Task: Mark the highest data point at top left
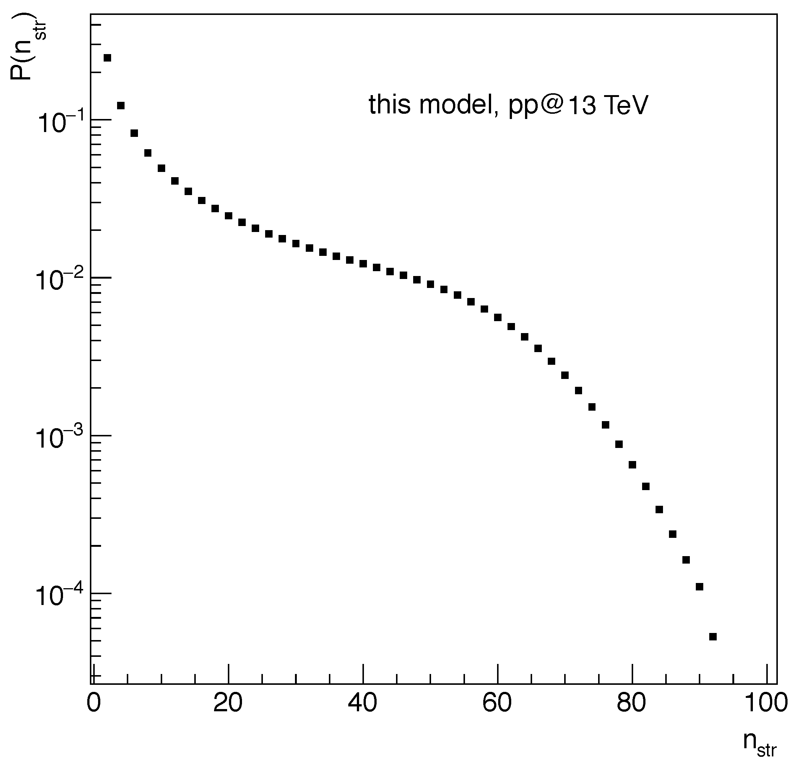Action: pyautogui.click(x=107, y=58)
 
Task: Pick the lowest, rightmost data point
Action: pyautogui.click(x=713, y=637)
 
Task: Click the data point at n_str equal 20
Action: pyautogui.click(x=229, y=216)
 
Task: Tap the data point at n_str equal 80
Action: pyautogui.click(x=632, y=465)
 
